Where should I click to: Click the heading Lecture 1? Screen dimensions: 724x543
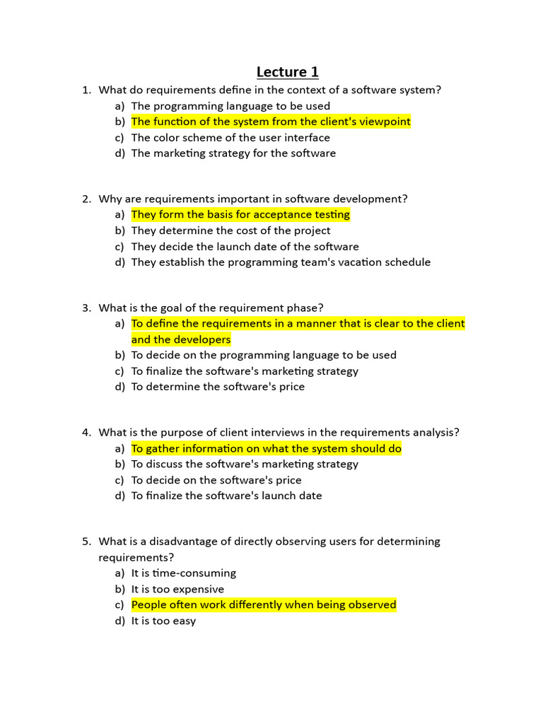287,71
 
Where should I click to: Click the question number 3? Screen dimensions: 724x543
86,308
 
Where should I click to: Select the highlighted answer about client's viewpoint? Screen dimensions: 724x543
271,122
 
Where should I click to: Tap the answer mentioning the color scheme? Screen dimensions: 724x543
230,137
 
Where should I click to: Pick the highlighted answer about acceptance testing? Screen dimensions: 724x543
240,214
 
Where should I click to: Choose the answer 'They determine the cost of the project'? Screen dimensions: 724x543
230,230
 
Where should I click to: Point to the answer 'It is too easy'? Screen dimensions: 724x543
163,621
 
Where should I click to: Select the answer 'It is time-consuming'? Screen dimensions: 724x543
184,573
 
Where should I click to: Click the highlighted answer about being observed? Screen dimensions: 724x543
264,605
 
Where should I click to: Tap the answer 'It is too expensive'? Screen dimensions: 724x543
177,589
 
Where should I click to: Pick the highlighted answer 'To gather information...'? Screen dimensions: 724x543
266,448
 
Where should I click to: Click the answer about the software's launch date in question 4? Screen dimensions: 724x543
226,496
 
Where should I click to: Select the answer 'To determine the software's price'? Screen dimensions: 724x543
218,387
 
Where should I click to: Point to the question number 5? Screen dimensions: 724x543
86,542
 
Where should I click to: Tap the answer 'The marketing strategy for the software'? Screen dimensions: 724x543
233,153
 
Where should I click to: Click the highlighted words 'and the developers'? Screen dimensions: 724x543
181,339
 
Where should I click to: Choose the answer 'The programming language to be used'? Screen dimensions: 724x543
230,106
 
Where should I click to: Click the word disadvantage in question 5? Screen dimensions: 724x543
183,542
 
